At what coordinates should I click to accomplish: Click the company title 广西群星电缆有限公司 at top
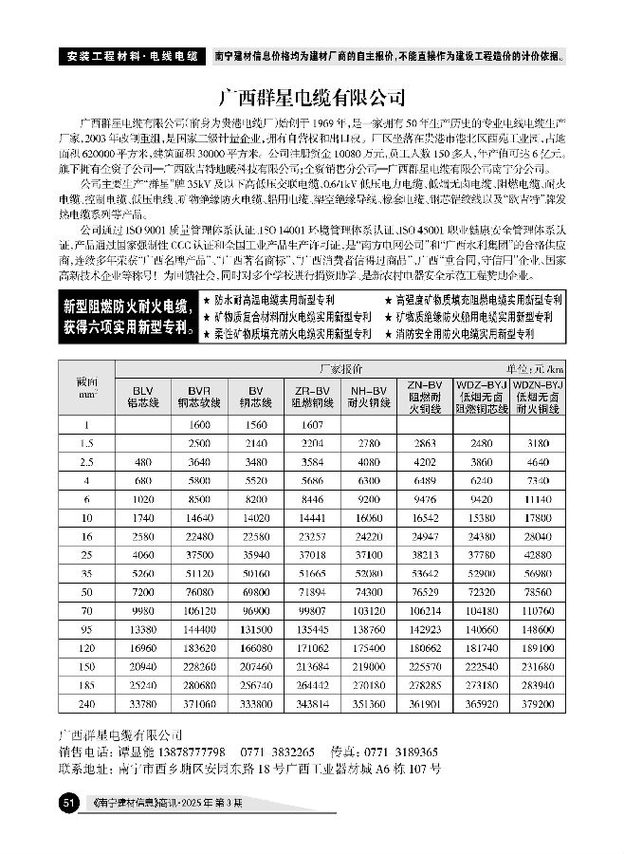pos(312,97)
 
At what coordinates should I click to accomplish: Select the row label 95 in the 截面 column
pos(87,629)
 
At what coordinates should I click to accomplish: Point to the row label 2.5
pos(87,461)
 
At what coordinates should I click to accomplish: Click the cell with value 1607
pos(311,425)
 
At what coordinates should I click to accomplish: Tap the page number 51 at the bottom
pos(67,804)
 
